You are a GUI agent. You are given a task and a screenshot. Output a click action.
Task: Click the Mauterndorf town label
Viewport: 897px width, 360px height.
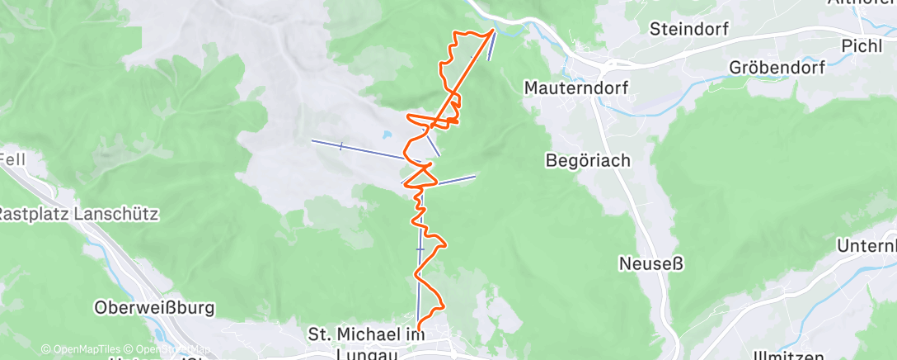(x=577, y=87)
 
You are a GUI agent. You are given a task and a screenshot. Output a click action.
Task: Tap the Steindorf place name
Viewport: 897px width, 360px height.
(x=688, y=29)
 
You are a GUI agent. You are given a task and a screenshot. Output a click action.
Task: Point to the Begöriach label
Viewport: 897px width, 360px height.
(x=588, y=161)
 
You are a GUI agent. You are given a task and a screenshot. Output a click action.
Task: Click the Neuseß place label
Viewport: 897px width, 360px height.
(x=650, y=264)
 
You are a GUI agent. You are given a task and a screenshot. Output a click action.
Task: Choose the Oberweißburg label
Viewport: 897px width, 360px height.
(x=154, y=308)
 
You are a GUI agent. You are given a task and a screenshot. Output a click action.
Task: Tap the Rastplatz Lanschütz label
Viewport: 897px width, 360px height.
(x=77, y=214)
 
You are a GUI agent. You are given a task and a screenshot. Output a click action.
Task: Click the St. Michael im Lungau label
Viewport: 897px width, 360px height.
(x=366, y=343)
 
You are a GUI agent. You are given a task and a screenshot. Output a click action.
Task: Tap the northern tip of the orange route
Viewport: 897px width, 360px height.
(x=494, y=31)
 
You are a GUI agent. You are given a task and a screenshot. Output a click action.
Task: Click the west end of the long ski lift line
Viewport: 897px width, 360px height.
(x=312, y=140)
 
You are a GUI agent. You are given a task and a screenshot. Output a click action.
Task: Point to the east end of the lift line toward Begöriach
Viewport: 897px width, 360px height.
(x=476, y=175)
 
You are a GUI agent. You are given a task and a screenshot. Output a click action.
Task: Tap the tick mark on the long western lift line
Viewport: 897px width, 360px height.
(x=340, y=145)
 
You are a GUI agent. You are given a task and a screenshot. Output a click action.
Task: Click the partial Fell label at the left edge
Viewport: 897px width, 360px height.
(x=13, y=158)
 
